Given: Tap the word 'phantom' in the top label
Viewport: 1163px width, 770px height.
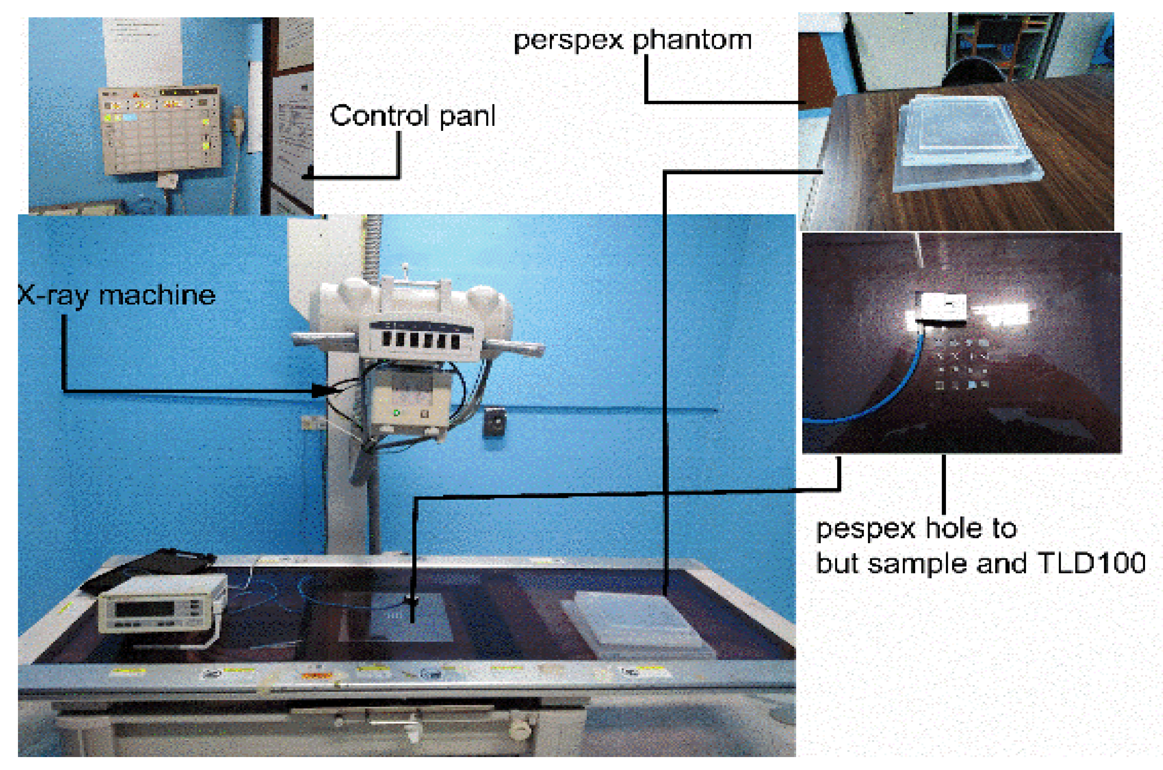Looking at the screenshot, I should pyautogui.click(x=692, y=40).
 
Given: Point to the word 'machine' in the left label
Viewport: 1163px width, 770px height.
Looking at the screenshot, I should pyautogui.click(x=157, y=295).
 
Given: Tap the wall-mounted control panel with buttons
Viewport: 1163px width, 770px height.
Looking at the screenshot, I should pyautogui.click(x=160, y=129).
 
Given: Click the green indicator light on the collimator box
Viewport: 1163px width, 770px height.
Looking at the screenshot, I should pyautogui.click(x=397, y=413).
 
